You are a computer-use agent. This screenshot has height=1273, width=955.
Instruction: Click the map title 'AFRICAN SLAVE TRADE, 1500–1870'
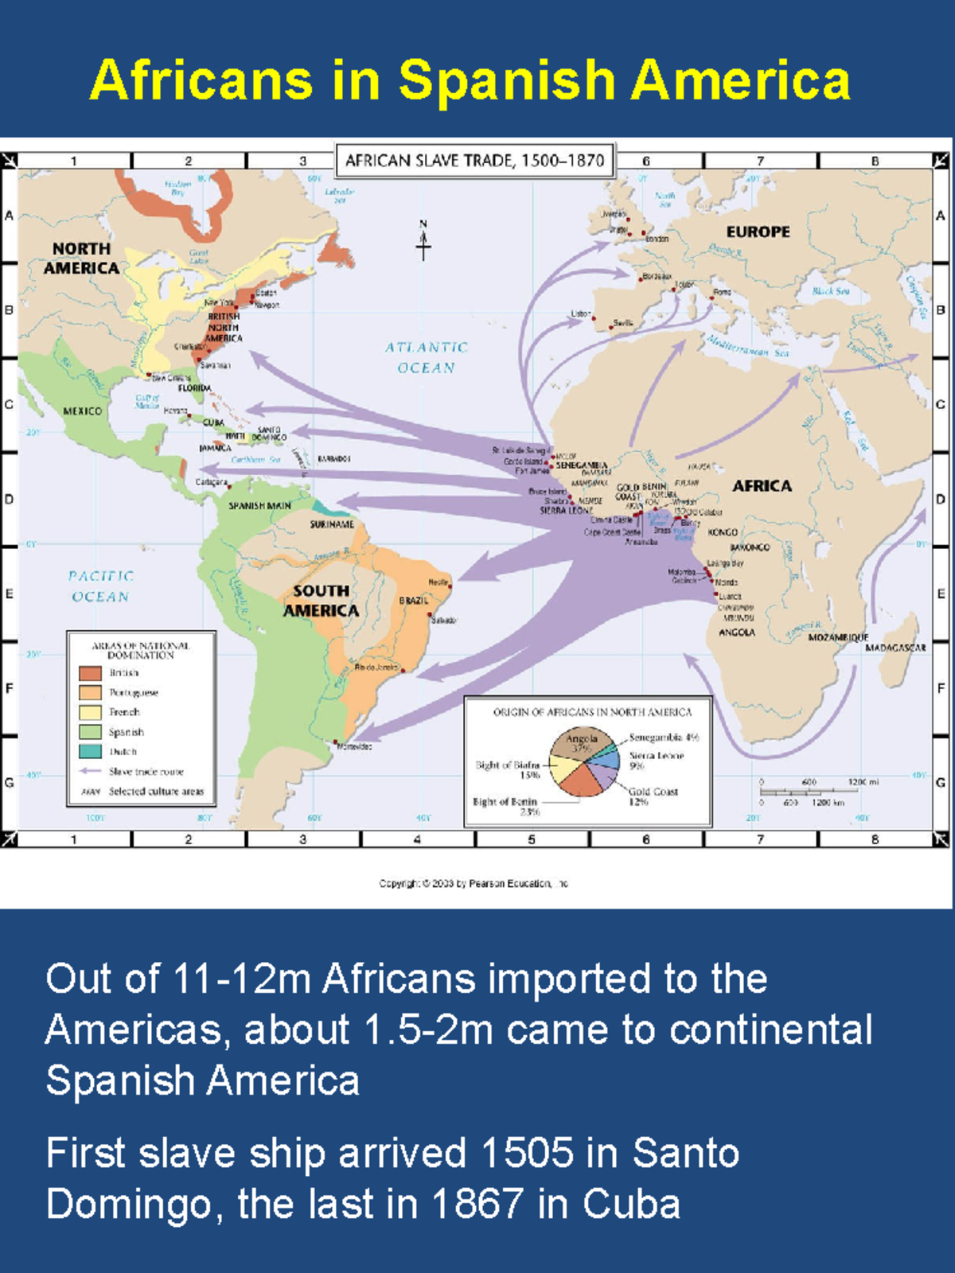point(474,161)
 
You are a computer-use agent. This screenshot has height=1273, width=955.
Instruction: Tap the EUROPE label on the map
point(758,232)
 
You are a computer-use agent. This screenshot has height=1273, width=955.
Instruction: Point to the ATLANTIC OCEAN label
point(427,357)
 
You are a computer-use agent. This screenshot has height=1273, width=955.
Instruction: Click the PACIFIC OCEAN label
point(100,586)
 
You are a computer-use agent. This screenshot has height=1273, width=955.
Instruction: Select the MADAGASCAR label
point(895,648)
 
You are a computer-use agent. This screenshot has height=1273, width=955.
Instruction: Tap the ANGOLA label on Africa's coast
point(736,633)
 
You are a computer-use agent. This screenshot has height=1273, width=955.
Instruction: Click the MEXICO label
point(83,411)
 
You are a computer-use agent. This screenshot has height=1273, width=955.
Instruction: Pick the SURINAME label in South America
point(332,524)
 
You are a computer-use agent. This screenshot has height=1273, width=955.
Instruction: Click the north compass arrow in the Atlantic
point(423,240)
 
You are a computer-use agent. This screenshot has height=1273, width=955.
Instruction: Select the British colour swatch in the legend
point(90,673)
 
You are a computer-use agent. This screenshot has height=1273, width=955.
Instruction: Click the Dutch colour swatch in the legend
point(90,751)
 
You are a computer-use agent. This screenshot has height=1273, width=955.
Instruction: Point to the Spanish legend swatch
point(90,731)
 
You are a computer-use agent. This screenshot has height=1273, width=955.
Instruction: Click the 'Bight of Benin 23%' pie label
point(506,806)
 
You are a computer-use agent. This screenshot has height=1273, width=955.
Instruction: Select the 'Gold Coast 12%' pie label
point(653,796)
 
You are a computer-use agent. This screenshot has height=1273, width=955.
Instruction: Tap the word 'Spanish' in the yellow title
point(507,80)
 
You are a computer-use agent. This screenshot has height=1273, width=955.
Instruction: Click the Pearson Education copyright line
point(474,883)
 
